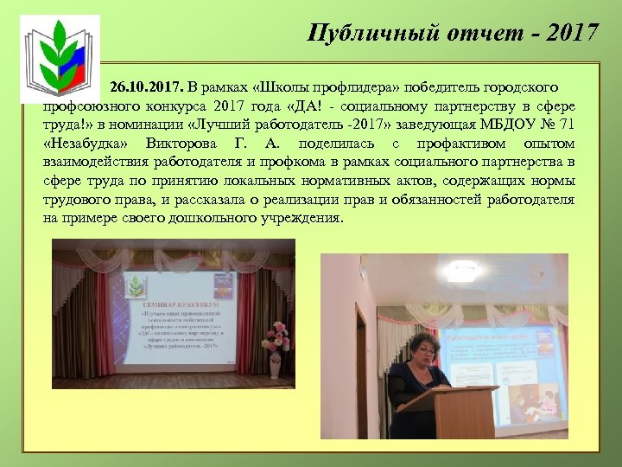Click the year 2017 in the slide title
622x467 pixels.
[x=571, y=33]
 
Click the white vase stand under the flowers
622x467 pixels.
[x=276, y=367]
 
